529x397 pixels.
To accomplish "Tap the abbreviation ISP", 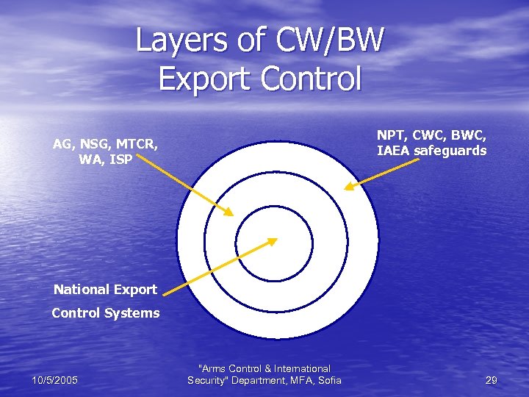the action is tap(120, 158).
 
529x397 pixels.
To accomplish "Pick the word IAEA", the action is tap(394, 151).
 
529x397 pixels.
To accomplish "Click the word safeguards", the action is tap(451, 151).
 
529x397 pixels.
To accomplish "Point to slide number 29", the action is tap(491, 380).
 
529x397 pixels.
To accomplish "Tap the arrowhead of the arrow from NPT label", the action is tap(348, 187).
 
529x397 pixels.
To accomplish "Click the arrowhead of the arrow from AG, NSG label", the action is tap(229, 213).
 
